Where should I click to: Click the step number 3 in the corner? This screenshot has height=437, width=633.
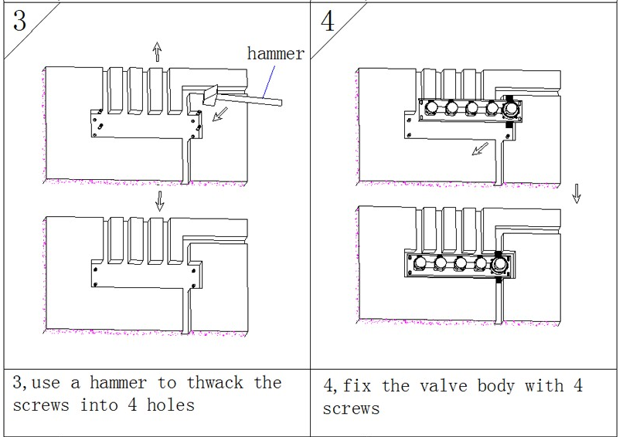(19, 21)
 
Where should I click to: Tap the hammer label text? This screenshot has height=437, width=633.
(275, 53)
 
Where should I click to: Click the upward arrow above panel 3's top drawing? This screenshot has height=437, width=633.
(157, 52)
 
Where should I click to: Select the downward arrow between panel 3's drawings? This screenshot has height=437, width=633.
(159, 200)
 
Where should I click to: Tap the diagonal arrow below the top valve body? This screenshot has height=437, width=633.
(480, 147)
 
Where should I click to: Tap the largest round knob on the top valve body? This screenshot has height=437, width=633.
(512, 107)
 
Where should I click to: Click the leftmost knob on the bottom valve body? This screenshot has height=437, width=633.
(421, 264)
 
